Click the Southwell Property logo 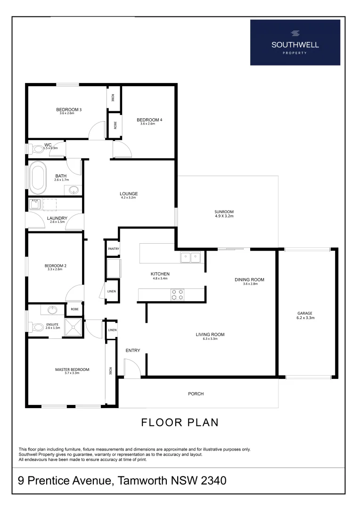click(295, 42)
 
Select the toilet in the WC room click(36, 149)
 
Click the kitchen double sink click(190, 257)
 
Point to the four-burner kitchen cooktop click(177, 295)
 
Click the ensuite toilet click(37, 326)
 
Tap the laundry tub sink click(35, 204)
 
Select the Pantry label click(113, 249)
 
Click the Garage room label click(305, 313)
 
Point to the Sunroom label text click(224, 212)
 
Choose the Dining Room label click(249, 279)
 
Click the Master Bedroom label click(72, 369)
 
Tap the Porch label click(196, 394)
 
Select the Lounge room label click(128, 193)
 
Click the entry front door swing click(131, 368)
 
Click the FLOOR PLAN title click(180, 422)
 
